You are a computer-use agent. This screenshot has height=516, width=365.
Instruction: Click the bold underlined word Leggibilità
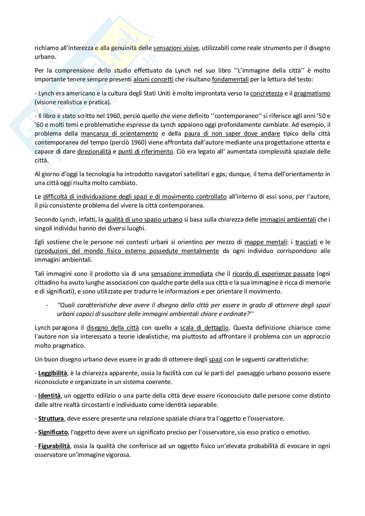pos(53,373)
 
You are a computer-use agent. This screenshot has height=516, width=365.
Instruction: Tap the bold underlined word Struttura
pos(51,418)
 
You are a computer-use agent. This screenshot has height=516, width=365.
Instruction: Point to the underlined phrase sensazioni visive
pos(176,48)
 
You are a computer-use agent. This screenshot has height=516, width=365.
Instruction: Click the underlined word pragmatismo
pos(312,93)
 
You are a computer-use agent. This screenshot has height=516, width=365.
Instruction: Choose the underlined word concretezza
pos(267,93)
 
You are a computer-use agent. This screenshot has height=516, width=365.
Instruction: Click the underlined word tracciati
pos(306,242)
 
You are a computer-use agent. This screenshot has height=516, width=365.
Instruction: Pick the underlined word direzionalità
pos(94,151)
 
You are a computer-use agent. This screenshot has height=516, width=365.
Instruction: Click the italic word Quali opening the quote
pos(64,305)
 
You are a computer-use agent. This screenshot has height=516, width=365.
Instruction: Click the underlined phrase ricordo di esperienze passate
pos(273,274)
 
